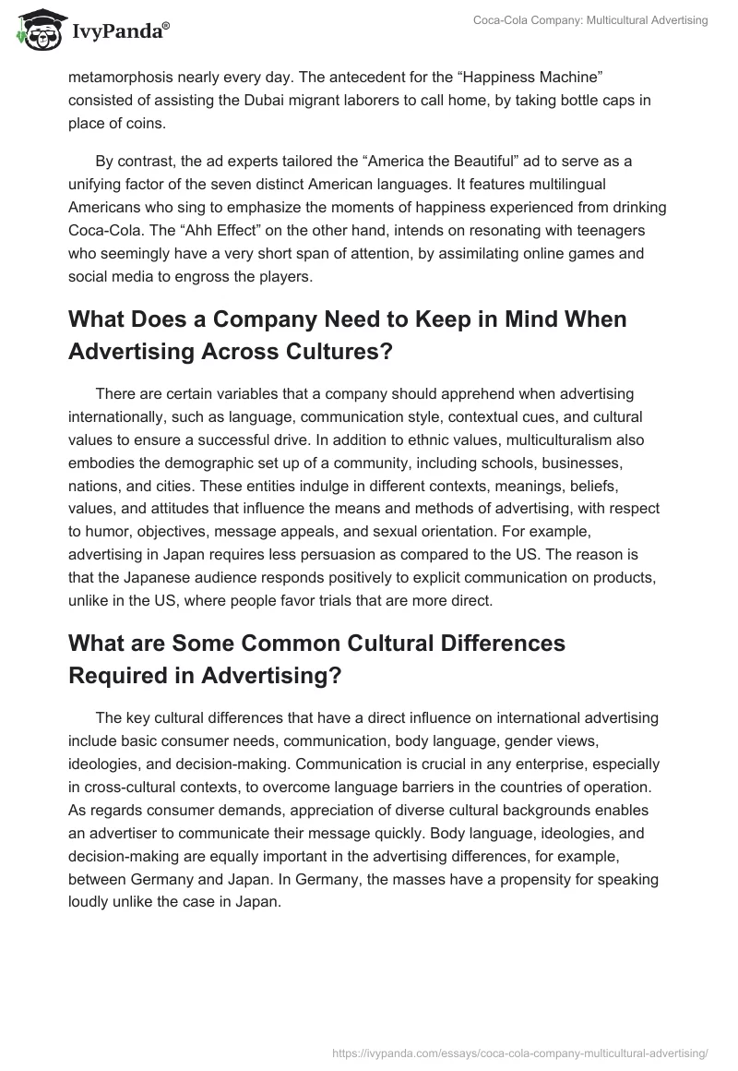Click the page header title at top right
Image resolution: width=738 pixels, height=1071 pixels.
pyautogui.click(x=591, y=20)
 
